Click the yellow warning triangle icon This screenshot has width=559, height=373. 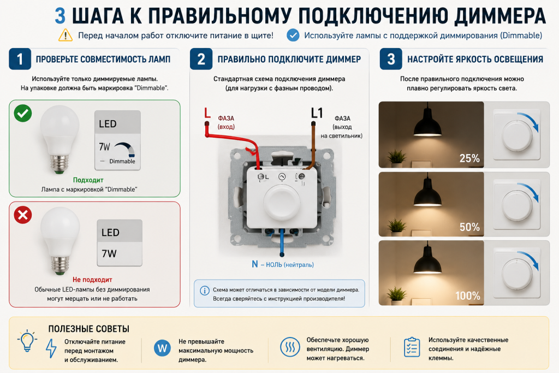[x=66, y=35]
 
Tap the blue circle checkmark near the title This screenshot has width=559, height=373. [x=293, y=35]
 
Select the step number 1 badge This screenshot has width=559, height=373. [x=20, y=59]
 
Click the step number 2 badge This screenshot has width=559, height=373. [x=201, y=59]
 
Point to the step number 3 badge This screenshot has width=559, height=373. [x=391, y=59]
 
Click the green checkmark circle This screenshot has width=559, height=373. [x=23, y=114]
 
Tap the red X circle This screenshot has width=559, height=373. [x=23, y=215]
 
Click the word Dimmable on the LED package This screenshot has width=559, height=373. [x=122, y=161]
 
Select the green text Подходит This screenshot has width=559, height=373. [x=88, y=180]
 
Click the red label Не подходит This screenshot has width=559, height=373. [x=92, y=280]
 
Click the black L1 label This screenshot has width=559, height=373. [x=317, y=113]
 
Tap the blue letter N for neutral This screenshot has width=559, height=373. [x=254, y=264]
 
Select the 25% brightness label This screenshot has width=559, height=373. [x=469, y=158]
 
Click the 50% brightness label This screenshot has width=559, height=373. [x=469, y=227]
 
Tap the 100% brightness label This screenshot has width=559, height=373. [x=468, y=295]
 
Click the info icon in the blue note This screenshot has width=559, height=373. [x=205, y=291]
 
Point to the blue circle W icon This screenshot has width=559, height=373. [x=162, y=348]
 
